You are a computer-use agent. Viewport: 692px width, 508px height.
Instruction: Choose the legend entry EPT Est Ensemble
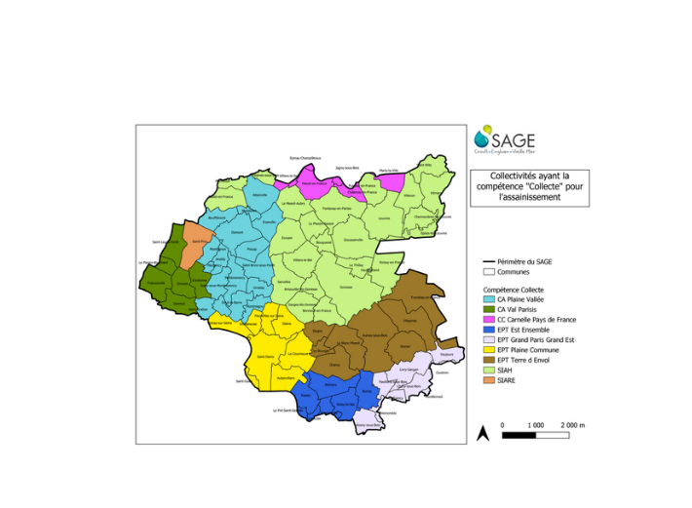tap(522, 330)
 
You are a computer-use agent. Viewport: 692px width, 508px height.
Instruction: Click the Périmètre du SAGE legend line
tap(490, 262)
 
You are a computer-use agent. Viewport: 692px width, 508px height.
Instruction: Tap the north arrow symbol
tap(482, 433)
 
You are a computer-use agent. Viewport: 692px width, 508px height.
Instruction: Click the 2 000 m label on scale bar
tap(571, 425)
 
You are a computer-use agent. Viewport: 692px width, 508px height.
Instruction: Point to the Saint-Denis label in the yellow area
tap(266, 357)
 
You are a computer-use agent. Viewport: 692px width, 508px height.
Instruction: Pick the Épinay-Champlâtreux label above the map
tap(305, 157)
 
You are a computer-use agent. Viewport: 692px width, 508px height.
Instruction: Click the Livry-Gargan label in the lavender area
tap(409, 370)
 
